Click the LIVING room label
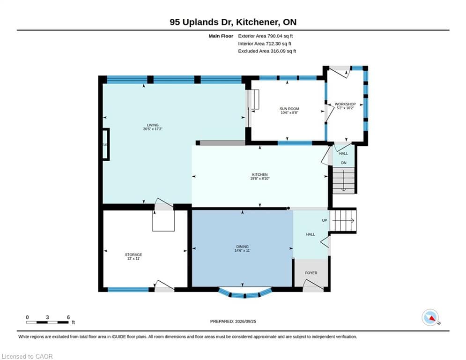pyautogui.click(x=153, y=125)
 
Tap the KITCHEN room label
pyautogui.click(x=260, y=175)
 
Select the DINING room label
pyautogui.click(x=243, y=247)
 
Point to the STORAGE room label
pyautogui.click(x=133, y=255)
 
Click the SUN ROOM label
pyautogui.click(x=289, y=109)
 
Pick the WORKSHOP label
pyautogui.click(x=345, y=104)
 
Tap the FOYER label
pyautogui.click(x=311, y=273)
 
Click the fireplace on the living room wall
pyautogui.click(x=106, y=144)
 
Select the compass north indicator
pyautogui.click(x=430, y=318)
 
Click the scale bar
pyautogui.click(x=48, y=322)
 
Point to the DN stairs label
pyautogui.click(x=344, y=163)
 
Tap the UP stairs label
pyautogui.click(x=325, y=220)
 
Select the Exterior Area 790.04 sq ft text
pyautogui.click(x=266, y=36)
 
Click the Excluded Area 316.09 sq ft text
pyautogui.click(x=267, y=51)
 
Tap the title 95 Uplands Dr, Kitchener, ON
pyautogui.click(x=233, y=22)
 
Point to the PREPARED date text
pyautogui.click(x=233, y=321)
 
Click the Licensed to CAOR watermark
pyautogui.click(x=27, y=356)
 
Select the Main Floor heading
pyautogui.click(x=221, y=36)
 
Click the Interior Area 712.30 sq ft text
pyautogui.click(x=265, y=44)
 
